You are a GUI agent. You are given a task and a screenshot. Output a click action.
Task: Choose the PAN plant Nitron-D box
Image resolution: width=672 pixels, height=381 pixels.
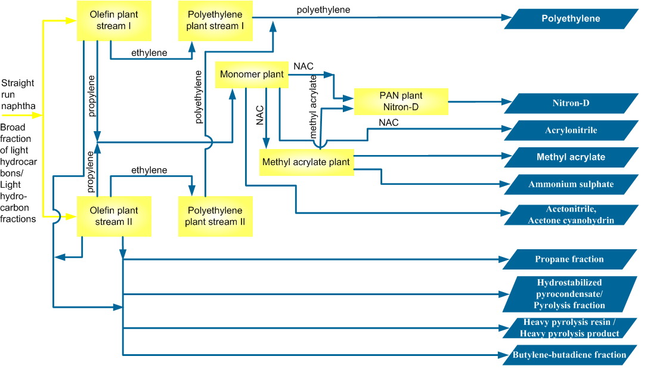click(401, 101)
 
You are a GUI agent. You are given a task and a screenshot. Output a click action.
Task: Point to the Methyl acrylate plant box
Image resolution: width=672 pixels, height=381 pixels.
click(305, 162)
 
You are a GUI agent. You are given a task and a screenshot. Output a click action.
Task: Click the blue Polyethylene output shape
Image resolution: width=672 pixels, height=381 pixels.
click(571, 19)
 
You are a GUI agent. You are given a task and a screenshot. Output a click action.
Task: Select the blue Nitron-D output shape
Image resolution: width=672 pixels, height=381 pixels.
click(571, 104)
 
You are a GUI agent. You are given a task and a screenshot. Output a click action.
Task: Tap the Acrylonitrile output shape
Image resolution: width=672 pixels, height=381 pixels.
click(571, 131)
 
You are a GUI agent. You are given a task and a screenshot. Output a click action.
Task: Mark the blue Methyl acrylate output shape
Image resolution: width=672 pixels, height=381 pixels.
click(571, 157)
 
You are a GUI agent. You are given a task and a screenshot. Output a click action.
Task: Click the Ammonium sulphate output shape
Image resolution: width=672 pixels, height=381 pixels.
click(571, 184)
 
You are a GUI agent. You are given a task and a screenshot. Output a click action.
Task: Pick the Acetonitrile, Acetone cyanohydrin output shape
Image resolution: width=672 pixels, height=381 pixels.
click(571, 215)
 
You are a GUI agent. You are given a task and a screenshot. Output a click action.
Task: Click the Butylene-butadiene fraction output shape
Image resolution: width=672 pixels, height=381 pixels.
click(569, 355)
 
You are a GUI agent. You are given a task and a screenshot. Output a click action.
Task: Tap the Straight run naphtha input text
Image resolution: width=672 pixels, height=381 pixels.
click(18, 95)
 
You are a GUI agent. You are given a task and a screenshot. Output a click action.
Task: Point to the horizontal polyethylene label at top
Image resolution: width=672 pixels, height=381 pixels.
click(323, 10)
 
